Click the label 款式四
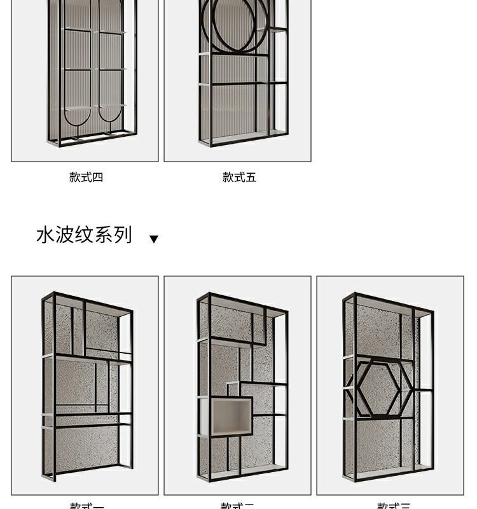tap(86, 178)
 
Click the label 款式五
tap(239, 178)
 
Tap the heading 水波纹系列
tap(84, 235)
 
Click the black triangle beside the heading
tap(153, 239)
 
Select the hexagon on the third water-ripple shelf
tap(379, 388)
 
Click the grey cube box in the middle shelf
tap(231, 416)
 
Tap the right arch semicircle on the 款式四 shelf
tap(112, 115)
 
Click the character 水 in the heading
tap(44, 235)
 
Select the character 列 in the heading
tap(123, 235)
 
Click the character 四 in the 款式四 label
tap(97, 178)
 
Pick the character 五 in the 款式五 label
tap(251, 178)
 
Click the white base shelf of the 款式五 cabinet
tap(242, 137)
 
